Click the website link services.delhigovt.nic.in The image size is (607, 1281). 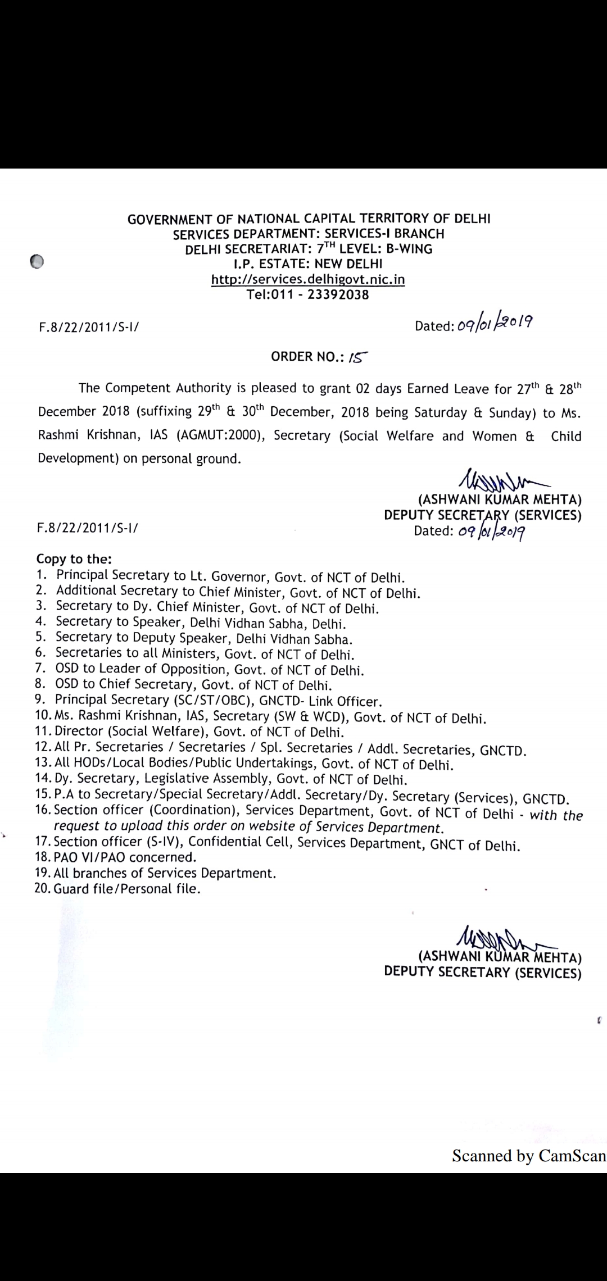[x=308, y=279]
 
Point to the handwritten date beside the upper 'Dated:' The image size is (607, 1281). [x=495, y=324]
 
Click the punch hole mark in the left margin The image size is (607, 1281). [x=37, y=262]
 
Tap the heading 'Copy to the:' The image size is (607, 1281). [x=74, y=559]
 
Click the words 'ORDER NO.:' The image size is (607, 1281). [x=307, y=357]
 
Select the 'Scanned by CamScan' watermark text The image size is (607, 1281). [x=529, y=1155]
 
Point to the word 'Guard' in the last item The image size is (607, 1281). [x=70, y=889]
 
